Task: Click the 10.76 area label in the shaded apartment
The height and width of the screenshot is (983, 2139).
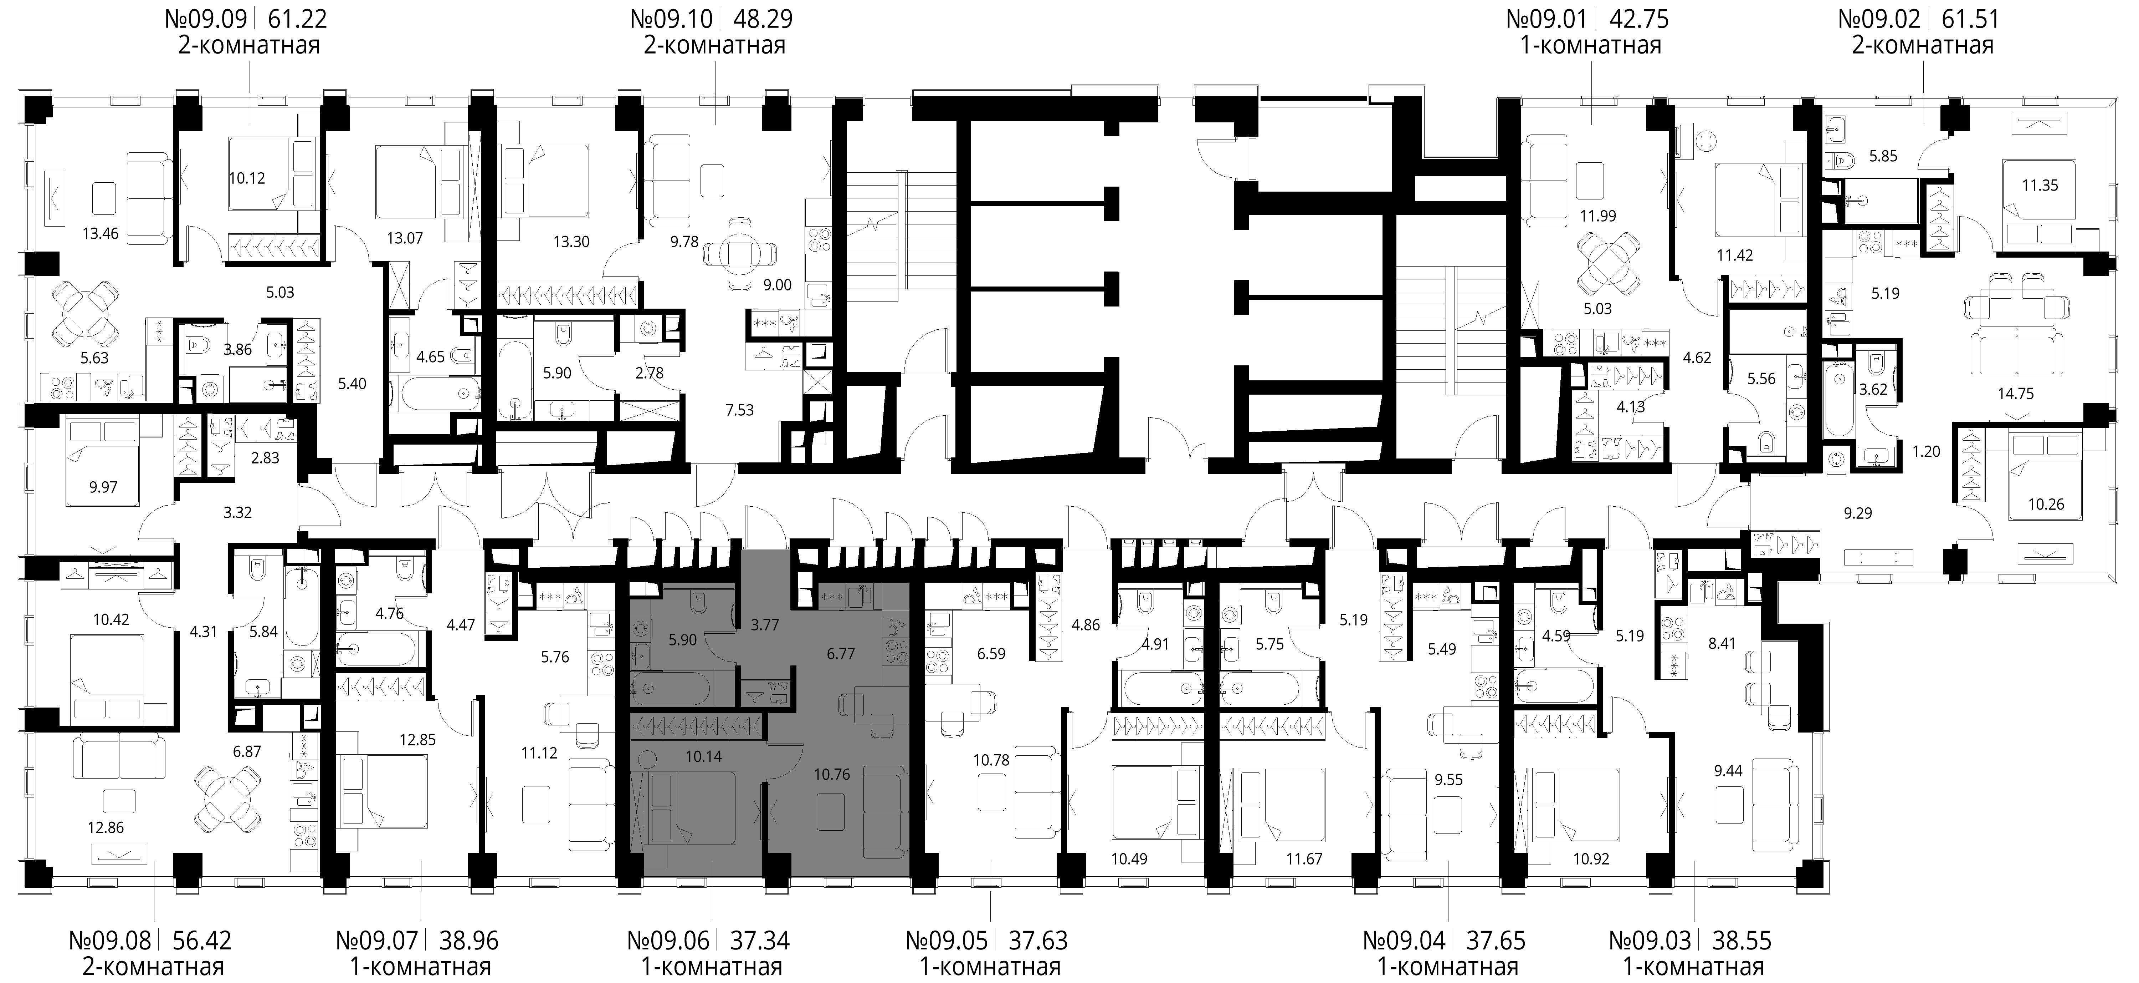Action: tap(832, 774)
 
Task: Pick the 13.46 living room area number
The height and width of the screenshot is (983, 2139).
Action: tap(101, 233)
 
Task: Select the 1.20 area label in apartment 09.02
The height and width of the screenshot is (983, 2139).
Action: tap(1927, 451)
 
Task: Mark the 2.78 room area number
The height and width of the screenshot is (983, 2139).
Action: tap(649, 373)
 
